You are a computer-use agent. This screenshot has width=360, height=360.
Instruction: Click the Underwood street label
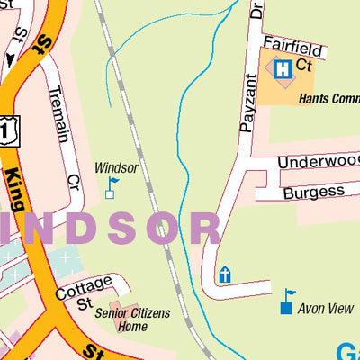point(318,162)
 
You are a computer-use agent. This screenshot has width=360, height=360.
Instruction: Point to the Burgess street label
point(313,192)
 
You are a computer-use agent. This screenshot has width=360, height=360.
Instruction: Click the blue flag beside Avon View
point(287,301)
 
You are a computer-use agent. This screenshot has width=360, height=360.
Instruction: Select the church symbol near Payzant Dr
point(224,274)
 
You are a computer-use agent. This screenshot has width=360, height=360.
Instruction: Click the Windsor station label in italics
point(115,167)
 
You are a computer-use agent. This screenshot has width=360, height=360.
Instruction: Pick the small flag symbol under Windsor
point(112,187)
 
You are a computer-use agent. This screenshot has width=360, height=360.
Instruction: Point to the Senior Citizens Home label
point(121,319)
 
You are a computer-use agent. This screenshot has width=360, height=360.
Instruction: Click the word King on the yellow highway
point(18,193)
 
